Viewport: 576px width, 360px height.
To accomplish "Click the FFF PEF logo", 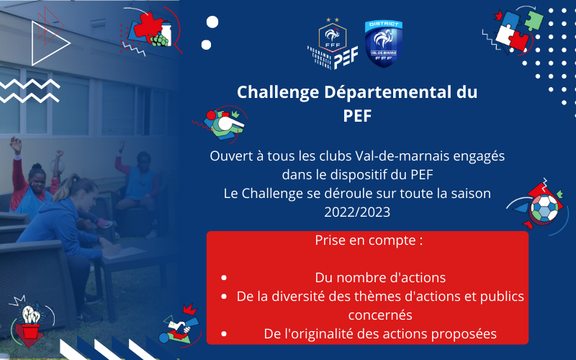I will [335, 45].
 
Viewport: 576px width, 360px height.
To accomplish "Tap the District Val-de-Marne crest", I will [384, 44].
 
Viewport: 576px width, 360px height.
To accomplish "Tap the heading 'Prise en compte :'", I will [368, 240].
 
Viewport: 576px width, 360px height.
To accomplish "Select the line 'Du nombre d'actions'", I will [380, 277].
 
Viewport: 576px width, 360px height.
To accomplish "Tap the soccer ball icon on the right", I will [545, 209].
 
